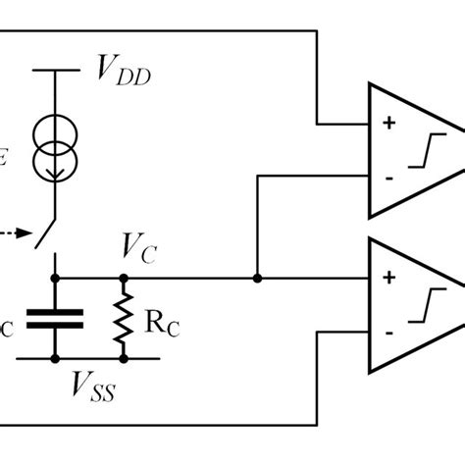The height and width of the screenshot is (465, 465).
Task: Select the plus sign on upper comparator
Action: click(x=387, y=124)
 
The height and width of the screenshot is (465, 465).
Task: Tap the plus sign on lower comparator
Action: click(x=387, y=279)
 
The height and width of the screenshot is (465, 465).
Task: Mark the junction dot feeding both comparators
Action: click(x=256, y=279)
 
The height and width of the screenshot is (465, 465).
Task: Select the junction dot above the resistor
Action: click(x=124, y=279)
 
